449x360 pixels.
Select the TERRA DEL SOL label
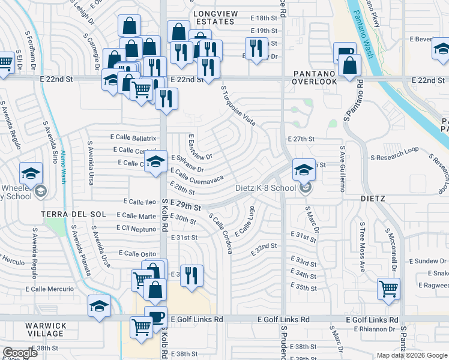[x=73, y=214]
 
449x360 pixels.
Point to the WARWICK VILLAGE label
[x=46, y=329]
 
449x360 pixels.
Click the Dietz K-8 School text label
[x=266, y=187]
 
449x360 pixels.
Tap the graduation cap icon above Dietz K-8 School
[x=304, y=170]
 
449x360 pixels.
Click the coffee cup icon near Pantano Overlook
[x=345, y=54]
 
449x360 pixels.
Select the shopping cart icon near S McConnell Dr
[x=388, y=288]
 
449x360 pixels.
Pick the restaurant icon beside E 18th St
[x=256, y=48]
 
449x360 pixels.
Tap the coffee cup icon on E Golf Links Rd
[x=157, y=316]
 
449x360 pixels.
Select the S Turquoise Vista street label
[x=238, y=106]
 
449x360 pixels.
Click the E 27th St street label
[x=301, y=139]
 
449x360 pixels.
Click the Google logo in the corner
[x=20, y=353]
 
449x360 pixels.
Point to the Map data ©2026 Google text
[x=411, y=355]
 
